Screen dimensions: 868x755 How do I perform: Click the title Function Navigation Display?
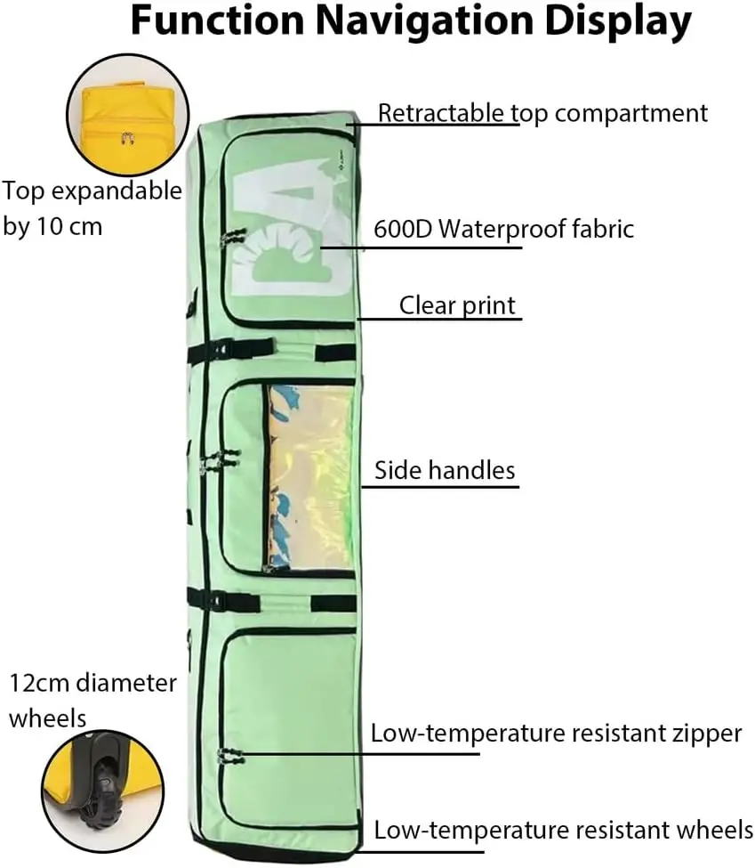410,21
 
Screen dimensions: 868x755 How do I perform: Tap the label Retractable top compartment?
542,113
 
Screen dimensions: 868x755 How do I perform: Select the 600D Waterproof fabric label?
503,229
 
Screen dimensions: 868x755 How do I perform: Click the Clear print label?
457,305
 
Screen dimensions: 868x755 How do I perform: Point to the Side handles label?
445,469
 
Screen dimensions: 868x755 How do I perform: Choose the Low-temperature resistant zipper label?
556,734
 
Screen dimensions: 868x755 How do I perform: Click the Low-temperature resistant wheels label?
563,831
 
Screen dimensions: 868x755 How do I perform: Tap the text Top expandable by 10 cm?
92,208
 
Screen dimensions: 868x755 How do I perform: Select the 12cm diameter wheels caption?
92,700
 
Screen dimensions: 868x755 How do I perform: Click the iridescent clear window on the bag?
310,476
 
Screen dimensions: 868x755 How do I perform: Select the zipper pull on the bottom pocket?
230,757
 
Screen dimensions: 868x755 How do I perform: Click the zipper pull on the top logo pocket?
233,236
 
